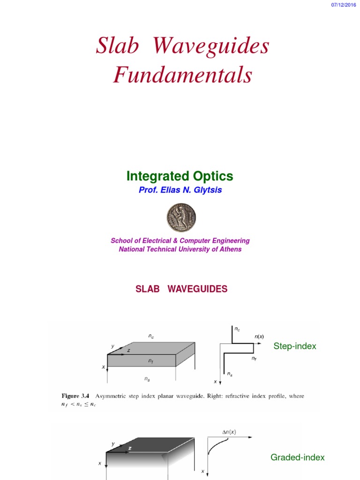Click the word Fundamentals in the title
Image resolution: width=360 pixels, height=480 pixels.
pyautogui.click(x=182, y=75)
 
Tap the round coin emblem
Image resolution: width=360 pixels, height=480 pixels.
pyautogui.click(x=180, y=216)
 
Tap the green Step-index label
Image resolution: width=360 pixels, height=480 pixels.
pyautogui.click(x=295, y=346)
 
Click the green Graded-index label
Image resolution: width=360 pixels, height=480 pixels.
pyautogui.click(x=297, y=457)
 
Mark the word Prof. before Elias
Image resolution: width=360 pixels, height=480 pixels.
pyautogui.click(x=148, y=190)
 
